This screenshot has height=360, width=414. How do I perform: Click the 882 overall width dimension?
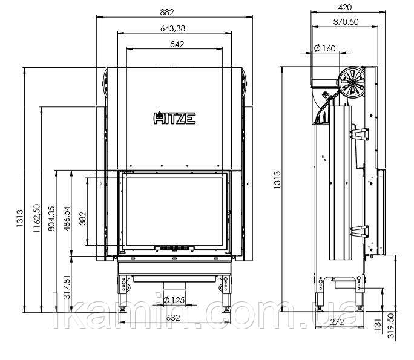pos(167,12)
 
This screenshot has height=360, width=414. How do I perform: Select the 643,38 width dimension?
pos(172,28)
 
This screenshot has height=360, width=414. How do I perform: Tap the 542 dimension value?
pos(177,44)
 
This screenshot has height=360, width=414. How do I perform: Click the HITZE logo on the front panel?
pos(174,118)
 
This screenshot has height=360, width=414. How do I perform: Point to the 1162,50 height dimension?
pos(37,218)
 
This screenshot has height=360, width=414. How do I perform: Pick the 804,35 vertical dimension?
pos(52,218)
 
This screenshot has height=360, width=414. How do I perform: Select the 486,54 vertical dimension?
pos(67,218)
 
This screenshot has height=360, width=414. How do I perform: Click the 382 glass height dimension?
pos(83,218)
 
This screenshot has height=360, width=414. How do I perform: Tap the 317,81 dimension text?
pos(67,286)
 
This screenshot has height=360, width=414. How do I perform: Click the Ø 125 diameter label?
pos(174,300)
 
